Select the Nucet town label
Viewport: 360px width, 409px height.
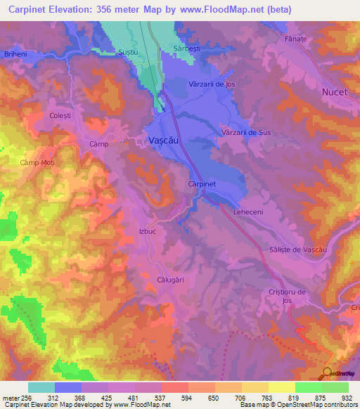(x=334, y=92)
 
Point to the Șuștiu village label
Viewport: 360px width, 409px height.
(x=128, y=52)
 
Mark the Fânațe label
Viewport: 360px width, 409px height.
(x=296, y=39)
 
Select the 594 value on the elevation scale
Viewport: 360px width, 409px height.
(x=187, y=397)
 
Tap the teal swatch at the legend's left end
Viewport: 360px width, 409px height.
(x=41, y=387)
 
